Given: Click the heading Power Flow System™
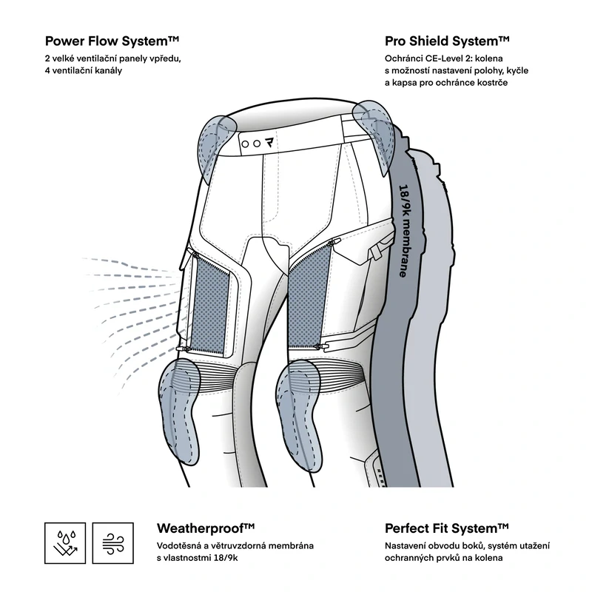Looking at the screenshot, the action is pos(112,41).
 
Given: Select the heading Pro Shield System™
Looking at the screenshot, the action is pos(447,41).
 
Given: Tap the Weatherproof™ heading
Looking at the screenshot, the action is pos(206,528).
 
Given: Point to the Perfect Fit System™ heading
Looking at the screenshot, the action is pos(447,528).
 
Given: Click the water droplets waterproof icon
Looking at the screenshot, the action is pos(65,543).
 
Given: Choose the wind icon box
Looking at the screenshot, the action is pos(113,543).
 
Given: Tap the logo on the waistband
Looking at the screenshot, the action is pos(269,143).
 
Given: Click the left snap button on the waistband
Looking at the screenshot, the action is pos(245,144).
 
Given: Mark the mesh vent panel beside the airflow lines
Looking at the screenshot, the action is pos(210,304).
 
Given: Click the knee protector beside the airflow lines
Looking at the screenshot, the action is pos(178,411).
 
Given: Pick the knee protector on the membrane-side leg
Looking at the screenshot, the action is pos(300,414).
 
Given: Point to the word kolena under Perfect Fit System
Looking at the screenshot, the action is pos(490,558).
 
